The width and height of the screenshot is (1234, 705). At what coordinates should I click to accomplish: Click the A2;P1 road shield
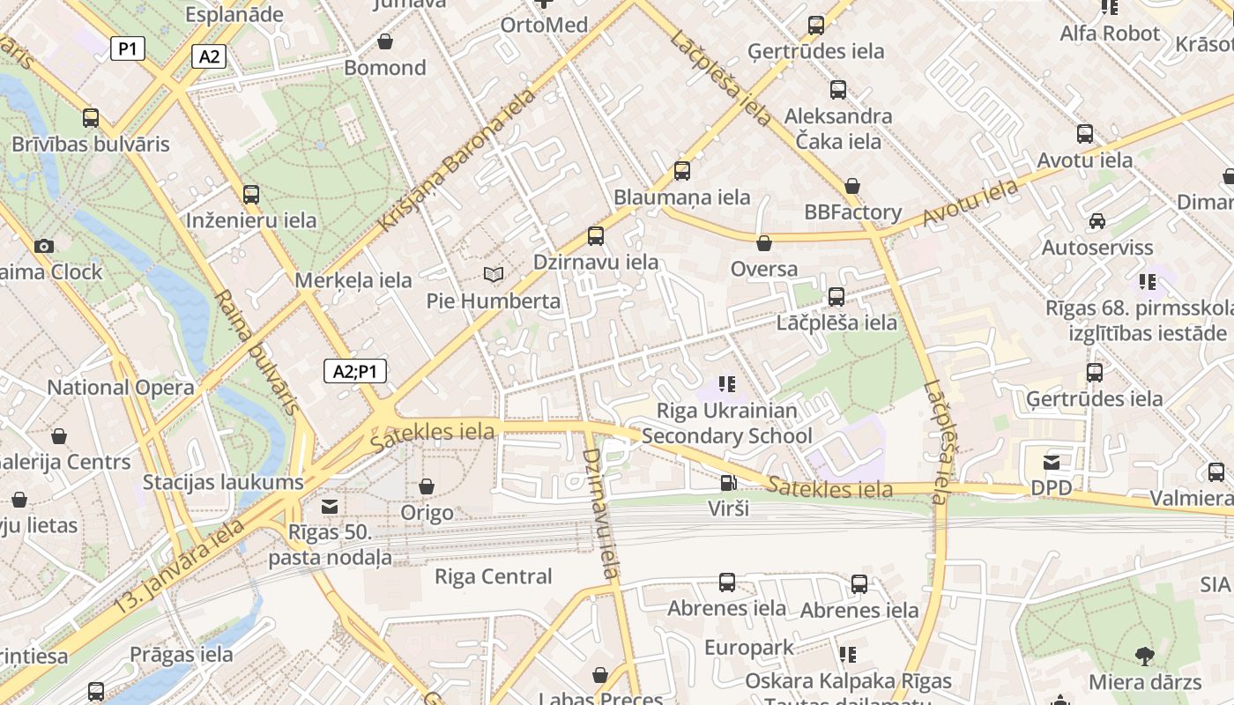(x=355, y=371)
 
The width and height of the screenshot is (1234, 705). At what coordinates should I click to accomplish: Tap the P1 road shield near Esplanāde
(x=128, y=48)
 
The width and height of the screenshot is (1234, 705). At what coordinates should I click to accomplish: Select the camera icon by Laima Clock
(x=43, y=246)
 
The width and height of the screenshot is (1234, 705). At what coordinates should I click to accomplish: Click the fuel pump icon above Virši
(x=728, y=482)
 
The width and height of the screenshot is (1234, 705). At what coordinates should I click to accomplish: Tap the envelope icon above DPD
(x=1052, y=462)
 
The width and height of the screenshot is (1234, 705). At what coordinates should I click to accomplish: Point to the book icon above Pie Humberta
(x=494, y=275)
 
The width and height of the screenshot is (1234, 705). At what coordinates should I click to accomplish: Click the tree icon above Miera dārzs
(x=1145, y=656)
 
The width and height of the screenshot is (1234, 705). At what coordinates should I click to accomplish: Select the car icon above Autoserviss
(x=1096, y=220)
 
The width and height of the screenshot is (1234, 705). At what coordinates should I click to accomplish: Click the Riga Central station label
(x=494, y=576)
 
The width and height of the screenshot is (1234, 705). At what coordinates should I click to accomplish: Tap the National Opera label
(x=121, y=387)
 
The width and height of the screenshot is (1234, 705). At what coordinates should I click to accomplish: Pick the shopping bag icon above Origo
(x=427, y=486)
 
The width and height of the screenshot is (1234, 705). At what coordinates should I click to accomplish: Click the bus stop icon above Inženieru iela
(x=251, y=194)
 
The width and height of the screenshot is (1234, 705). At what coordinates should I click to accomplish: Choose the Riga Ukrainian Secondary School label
(x=727, y=423)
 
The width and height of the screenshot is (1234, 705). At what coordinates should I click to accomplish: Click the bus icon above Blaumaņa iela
(x=682, y=171)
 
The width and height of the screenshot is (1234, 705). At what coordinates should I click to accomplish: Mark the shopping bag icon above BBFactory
(x=852, y=186)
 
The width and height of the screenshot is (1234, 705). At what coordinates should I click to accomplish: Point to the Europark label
(x=749, y=648)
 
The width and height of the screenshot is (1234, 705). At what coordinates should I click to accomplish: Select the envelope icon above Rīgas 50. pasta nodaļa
(x=330, y=507)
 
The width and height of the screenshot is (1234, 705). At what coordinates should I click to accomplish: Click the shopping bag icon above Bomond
(x=385, y=41)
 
